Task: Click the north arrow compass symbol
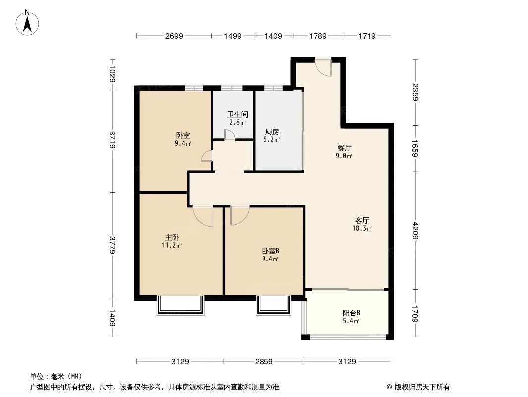(27, 23)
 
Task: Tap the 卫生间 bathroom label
(237, 114)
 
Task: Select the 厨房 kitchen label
(272, 132)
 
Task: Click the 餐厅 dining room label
(344, 148)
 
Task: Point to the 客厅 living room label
(362, 221)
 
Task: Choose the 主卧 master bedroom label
(172, 238)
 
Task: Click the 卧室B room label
(270, 251)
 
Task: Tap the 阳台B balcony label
(351, 313)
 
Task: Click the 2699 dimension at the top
(174, 36)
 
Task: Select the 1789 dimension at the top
(318, 36)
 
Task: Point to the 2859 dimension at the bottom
(264, 362)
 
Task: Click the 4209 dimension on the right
(415, 231)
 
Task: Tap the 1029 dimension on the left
(112, 73)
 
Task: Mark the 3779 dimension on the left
(112, 245)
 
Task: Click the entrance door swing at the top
(324, 68)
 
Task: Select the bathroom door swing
(230, 134)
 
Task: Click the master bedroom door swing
(203, 217)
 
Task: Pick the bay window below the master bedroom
(180, 305)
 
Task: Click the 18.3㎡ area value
(362, 228)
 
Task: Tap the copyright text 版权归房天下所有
(422, 387)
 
